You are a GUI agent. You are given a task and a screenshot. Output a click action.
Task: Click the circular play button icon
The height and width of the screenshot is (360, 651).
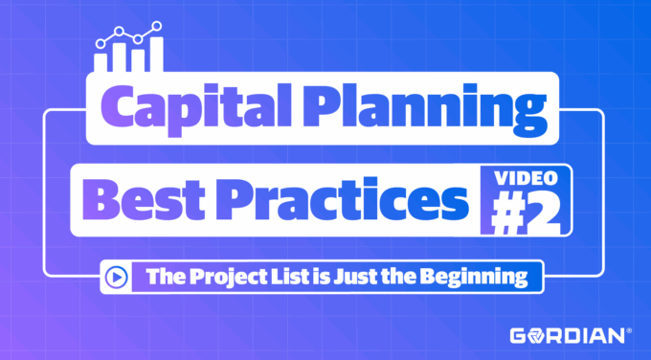116,277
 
